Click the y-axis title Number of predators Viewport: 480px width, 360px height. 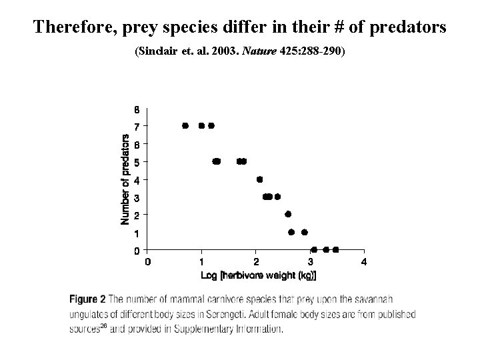(x=125, y=177)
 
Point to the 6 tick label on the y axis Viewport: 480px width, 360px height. (x=137, y=144)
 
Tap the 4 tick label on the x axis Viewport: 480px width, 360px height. (x=364, y=262)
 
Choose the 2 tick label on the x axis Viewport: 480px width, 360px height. (x=256, y=262)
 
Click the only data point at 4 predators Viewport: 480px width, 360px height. (x=260, y=179)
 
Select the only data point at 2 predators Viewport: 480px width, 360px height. (x=288, y=214)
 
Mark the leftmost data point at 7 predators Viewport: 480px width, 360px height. (x=185, y=125)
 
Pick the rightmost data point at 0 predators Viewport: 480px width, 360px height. (x=335, y=249)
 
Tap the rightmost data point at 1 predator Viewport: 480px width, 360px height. (x=304, y=232)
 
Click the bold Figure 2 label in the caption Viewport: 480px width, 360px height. (x=89, y=299)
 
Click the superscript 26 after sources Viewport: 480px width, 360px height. (x=104, y=327)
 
